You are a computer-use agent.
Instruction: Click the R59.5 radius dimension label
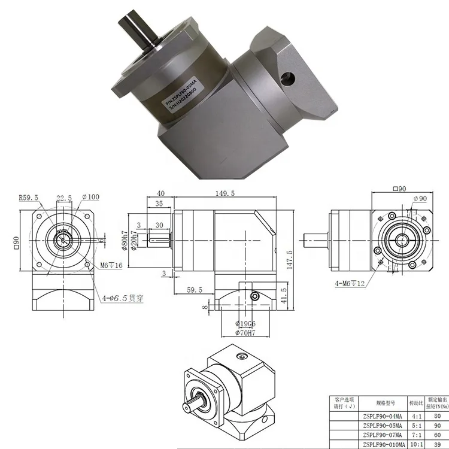[x=29, y=197]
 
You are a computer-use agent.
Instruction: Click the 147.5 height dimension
[x=289, y=260]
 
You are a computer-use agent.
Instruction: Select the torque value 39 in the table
[x=436, y=444]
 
